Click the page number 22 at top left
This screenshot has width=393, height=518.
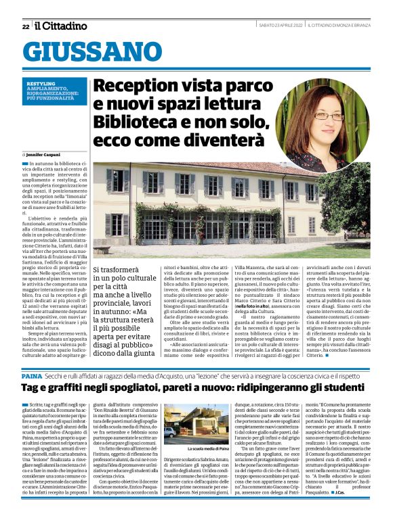pos(25,26)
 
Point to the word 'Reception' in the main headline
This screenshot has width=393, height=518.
pos(133,87)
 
